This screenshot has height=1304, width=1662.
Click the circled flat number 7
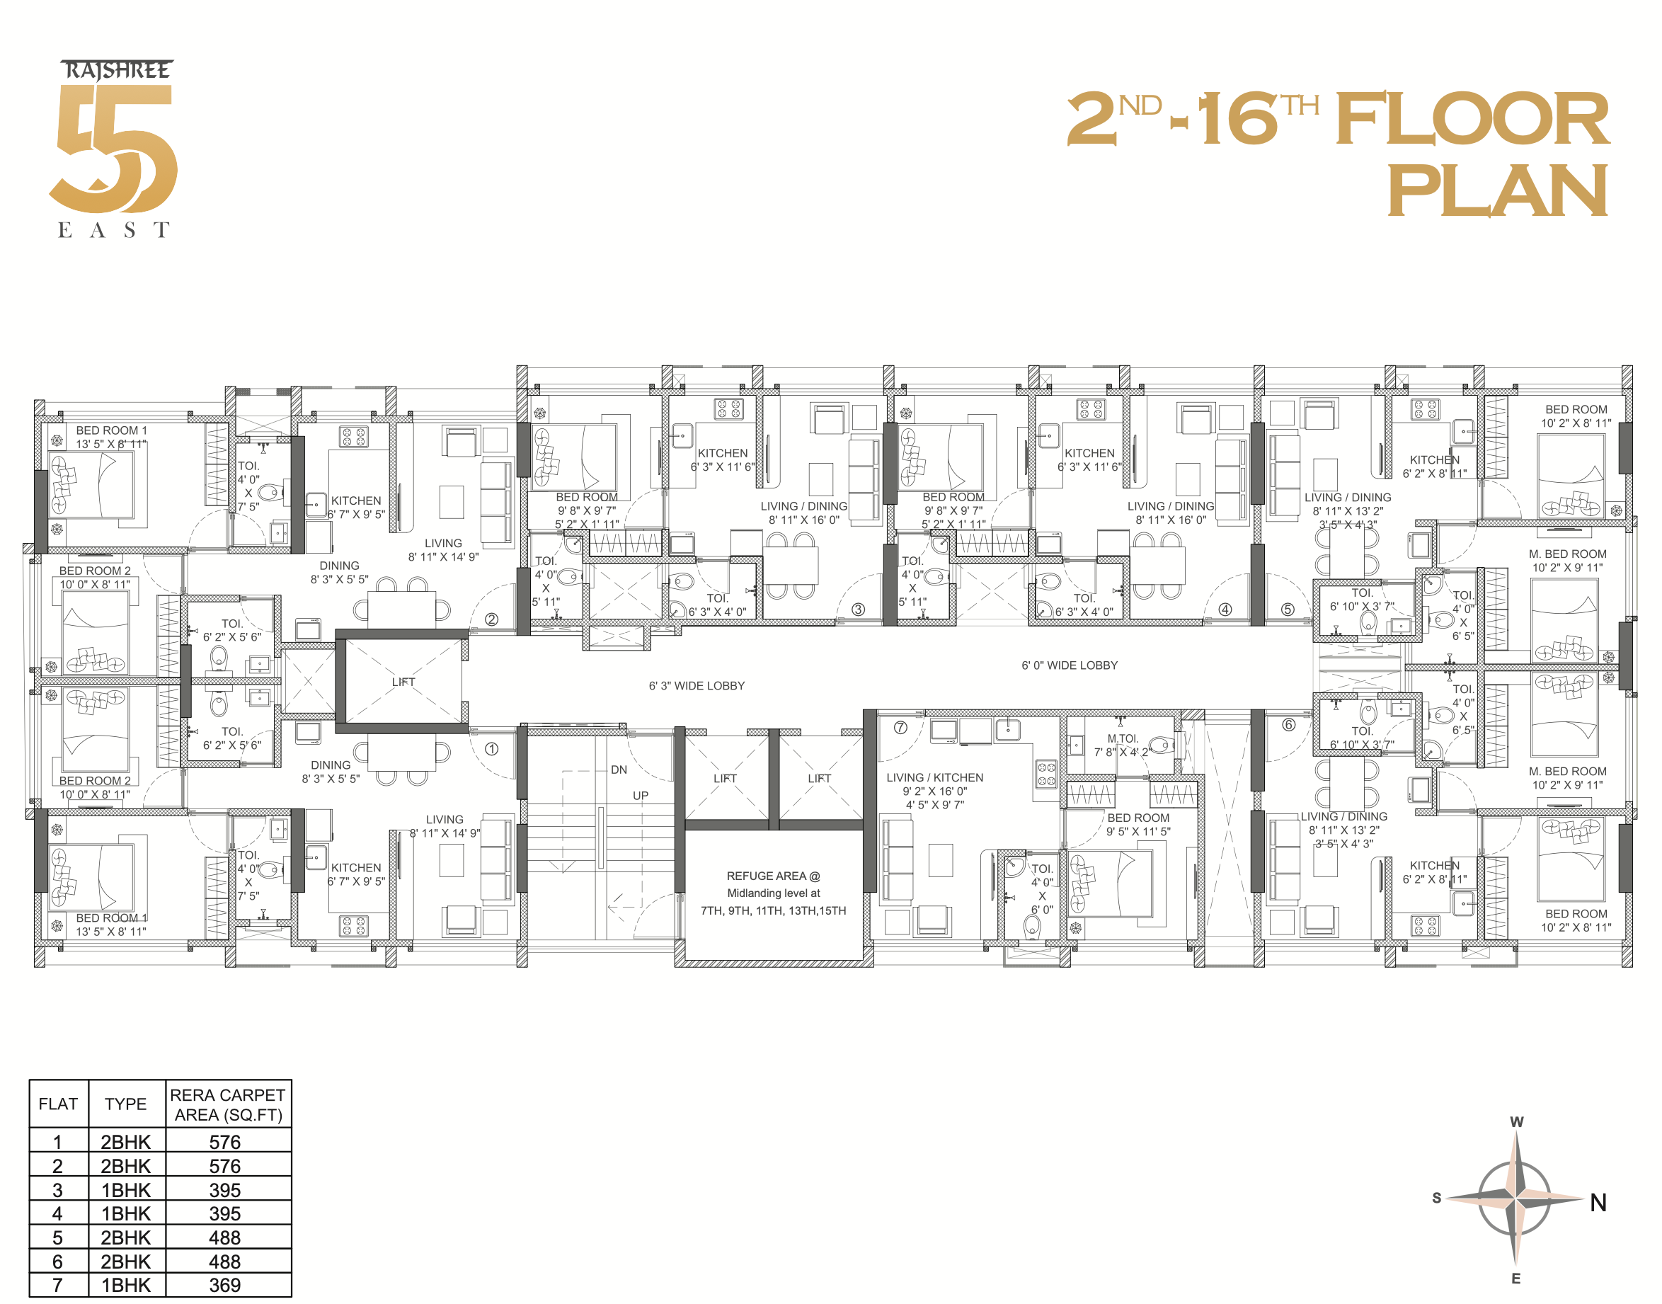pos(900,728)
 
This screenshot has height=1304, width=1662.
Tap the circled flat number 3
pos(858,610)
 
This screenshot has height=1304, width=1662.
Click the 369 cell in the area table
pos(224,1285)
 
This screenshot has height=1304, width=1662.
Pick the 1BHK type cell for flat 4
pos(126,1213)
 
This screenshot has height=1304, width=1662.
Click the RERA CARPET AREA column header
pos(227,1105)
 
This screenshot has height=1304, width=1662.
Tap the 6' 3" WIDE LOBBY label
pos(697,685)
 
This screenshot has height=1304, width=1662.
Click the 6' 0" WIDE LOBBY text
pos(1069,665)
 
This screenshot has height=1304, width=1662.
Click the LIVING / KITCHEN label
pos(934,777)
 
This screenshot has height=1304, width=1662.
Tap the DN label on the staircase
pos(619,770)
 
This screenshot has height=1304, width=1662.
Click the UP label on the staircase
pos(640,796)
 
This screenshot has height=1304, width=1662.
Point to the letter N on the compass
pos(1598,1203)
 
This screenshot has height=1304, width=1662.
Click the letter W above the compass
pos(1516,1121)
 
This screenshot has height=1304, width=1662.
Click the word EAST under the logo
pos(113,230)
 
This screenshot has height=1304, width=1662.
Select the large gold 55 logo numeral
pos(115,149)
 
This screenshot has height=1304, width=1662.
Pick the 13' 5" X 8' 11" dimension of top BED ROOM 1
pos(110,444)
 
